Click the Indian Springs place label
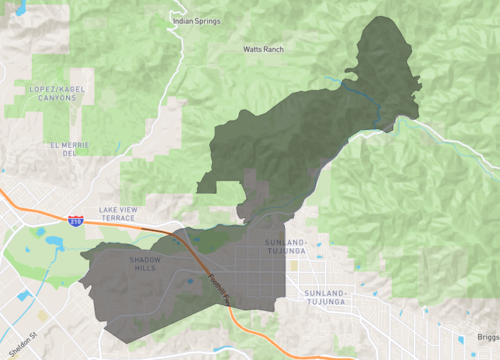coord(196,20)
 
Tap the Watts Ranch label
coord(264,48)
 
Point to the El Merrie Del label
coord(63,149)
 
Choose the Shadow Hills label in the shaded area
coord(144,264)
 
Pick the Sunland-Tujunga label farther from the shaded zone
coord(323,297)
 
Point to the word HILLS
coord(144,268)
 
